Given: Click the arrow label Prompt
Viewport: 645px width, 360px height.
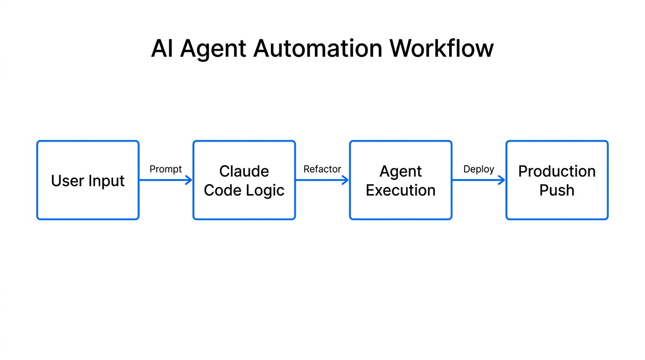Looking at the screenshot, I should pos(165,169).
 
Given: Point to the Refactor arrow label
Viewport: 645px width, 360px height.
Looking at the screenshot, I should pos(322,169).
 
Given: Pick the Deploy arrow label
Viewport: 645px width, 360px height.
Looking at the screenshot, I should pos(479,169).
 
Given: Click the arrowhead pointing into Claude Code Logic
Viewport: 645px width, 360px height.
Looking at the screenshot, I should pos(189,180).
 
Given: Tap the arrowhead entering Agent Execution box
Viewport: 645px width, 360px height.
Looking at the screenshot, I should pos(346,180).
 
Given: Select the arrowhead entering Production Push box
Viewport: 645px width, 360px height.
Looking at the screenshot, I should pos(502,180).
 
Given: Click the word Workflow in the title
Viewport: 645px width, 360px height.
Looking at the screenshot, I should pos(442,48).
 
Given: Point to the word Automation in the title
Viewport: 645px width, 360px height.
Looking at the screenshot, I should pos(318,48).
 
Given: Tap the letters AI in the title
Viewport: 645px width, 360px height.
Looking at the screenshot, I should pos(162,48).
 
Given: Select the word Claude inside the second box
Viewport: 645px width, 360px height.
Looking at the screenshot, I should pos(244,171).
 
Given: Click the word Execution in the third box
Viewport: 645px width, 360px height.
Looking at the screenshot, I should pos(401,190).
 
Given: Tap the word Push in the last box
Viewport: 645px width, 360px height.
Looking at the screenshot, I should pos(557,190).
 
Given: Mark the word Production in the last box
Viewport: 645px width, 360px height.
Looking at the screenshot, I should pos(557,171).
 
